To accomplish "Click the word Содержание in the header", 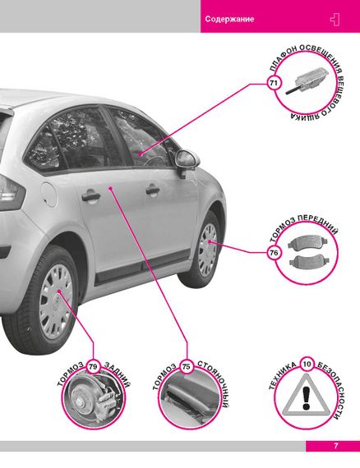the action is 229,19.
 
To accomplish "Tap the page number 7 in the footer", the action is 336,446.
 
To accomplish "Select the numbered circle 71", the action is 274,83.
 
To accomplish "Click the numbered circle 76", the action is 274,253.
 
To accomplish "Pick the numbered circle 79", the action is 93,366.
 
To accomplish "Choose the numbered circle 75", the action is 186,366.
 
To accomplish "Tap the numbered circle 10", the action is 307,364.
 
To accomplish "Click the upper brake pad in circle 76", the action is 307,242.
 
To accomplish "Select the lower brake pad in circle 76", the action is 307,261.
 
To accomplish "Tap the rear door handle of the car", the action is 90,195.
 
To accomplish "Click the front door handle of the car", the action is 152,190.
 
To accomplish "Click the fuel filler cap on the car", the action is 49,195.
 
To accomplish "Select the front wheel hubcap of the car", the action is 208,250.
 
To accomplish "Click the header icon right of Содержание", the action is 335,20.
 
